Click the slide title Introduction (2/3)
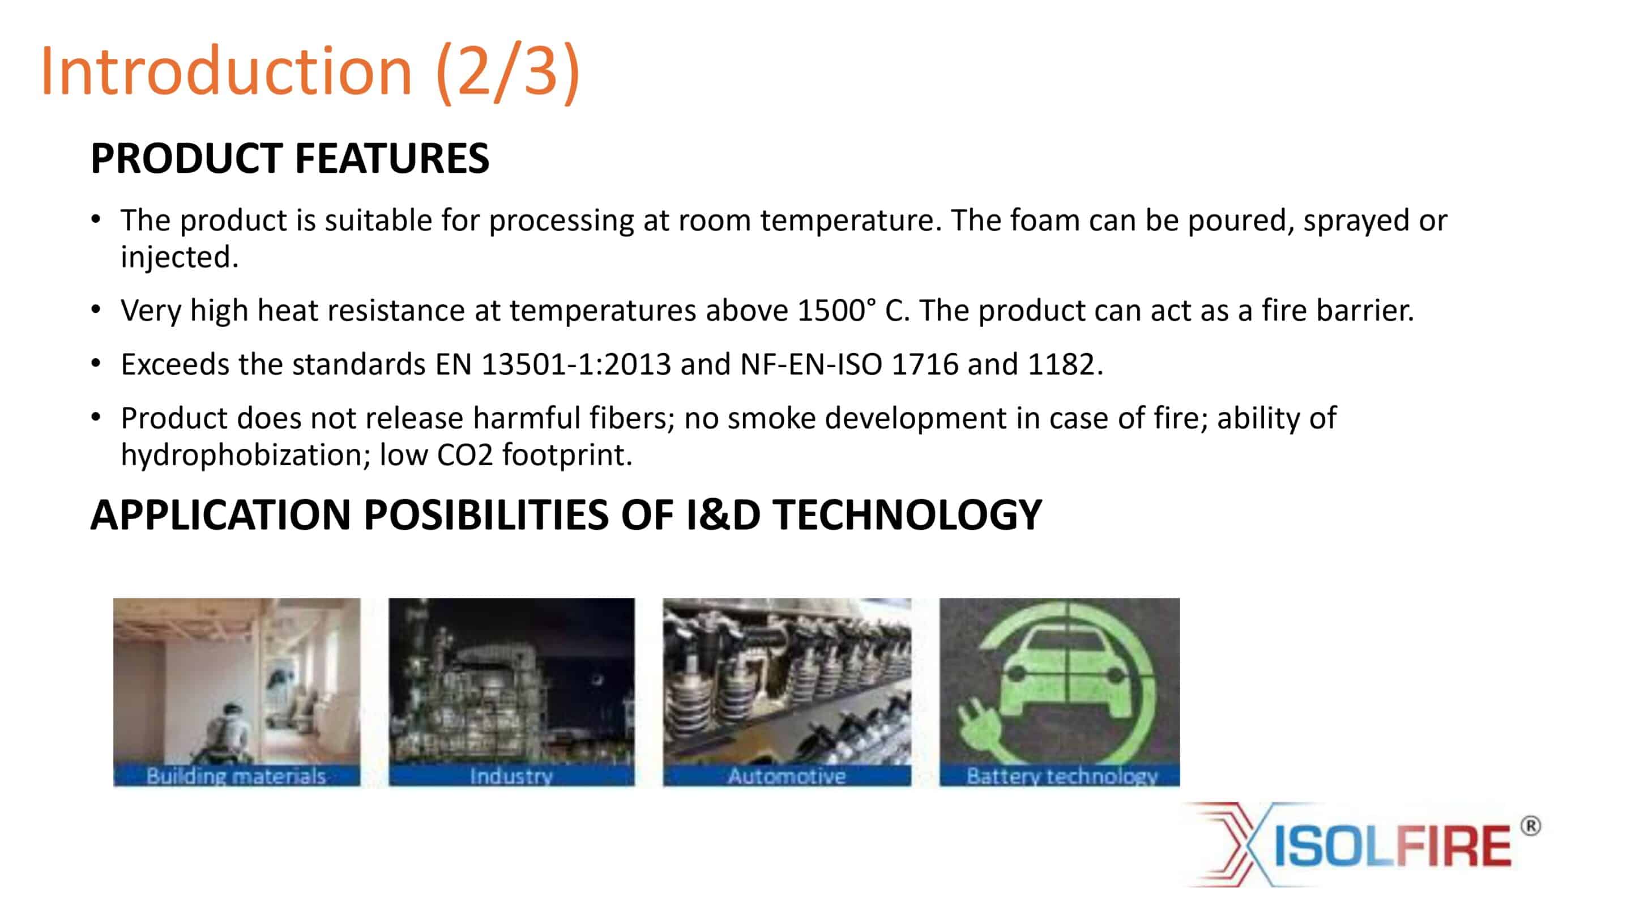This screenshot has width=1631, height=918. point(310,71)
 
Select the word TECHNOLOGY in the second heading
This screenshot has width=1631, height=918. point(907,515)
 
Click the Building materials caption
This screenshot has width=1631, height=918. point(236,776)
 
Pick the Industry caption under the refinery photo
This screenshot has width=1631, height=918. point(511,776)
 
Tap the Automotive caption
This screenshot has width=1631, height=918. point(787,776)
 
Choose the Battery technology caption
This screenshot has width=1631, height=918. point(1062,776)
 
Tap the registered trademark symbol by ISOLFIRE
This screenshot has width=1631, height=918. point(1530,826)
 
